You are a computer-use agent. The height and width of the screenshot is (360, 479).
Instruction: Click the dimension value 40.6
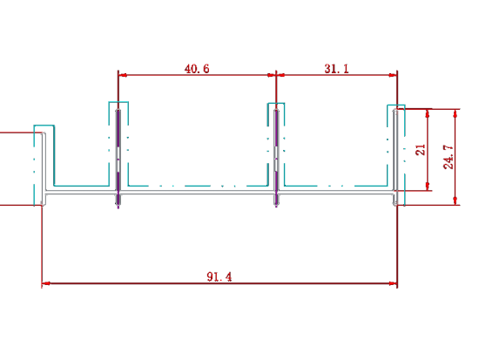click(197, 69)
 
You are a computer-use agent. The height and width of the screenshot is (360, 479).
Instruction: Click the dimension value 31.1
click(336, 69)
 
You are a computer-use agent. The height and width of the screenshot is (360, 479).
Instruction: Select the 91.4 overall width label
click(219, 277)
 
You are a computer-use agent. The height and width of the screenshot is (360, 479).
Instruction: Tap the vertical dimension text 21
click(421, 150)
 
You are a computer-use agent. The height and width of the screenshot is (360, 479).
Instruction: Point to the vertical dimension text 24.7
click(449, 157)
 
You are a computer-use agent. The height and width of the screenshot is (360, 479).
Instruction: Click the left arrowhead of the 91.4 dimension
click(46, 283)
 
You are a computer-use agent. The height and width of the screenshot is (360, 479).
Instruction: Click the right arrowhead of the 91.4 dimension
click(393, 283)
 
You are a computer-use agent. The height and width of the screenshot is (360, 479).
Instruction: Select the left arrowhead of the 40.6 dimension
click(123, 75)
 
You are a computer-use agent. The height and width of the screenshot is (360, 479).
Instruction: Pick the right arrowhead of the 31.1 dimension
click(393, 75)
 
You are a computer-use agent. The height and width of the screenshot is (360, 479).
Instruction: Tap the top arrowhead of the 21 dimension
click(428, 113)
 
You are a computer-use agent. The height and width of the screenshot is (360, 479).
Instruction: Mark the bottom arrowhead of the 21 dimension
click(428, 187)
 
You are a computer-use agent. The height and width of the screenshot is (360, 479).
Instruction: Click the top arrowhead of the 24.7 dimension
click(455, 113)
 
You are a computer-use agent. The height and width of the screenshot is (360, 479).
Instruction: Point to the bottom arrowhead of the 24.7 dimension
click(455, 200)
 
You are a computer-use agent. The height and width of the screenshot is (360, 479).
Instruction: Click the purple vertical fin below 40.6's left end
click(118, 159)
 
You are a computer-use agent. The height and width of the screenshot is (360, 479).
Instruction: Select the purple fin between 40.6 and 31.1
click(276, 158)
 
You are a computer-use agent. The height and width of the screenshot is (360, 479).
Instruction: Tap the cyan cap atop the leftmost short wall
click(44, 126)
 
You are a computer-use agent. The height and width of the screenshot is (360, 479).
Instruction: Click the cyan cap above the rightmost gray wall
click(396, 105)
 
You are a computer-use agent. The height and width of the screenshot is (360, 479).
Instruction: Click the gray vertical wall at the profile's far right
click(395, 157)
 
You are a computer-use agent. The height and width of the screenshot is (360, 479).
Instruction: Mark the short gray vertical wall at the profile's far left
click(44, 169)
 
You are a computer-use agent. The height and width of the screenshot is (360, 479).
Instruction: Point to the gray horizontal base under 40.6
click(197, 192)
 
